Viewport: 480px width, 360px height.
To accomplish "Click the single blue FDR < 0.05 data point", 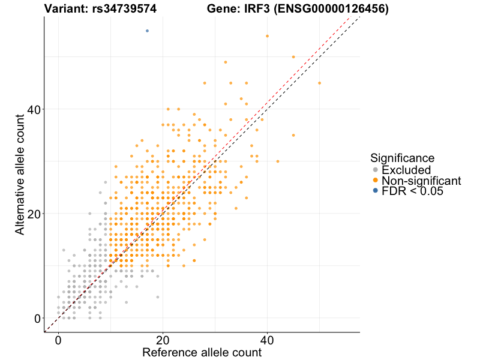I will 147,31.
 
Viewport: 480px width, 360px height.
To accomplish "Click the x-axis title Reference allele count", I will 202,352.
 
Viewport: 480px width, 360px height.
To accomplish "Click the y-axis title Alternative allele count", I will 20,174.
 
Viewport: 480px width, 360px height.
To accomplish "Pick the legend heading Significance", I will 402,158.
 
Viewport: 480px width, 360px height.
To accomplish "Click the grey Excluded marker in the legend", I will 376,170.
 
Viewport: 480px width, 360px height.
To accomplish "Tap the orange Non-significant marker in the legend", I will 376,181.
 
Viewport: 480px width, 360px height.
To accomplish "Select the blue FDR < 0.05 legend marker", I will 376,191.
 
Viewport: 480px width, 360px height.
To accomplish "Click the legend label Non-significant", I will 421,181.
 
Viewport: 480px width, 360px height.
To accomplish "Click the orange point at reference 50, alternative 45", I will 319,83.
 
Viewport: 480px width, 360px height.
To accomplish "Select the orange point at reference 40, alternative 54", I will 267,36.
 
